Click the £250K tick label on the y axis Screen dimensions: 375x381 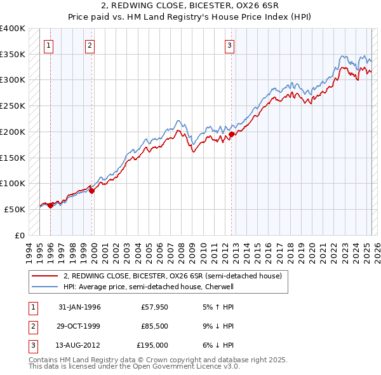[13, 106]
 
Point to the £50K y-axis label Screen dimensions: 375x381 [15, 209]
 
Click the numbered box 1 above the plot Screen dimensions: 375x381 [49, 45]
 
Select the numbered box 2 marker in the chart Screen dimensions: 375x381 [90, 45]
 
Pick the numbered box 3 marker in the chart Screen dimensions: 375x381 [229, 45]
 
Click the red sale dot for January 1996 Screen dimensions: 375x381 [50, 205]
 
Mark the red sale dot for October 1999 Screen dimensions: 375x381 [91, 191]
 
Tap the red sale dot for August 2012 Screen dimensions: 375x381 [231, 134]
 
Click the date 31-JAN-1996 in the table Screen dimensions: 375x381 [79, 307]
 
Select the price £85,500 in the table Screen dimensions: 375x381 [154, 326]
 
